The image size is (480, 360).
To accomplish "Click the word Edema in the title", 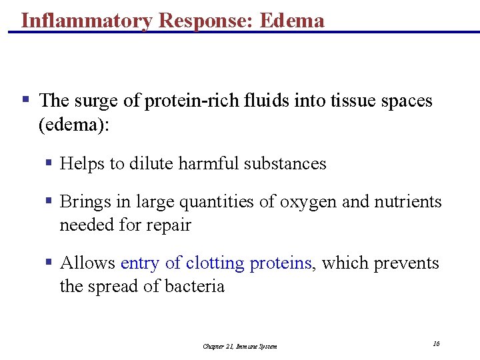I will pyautogui.click(x=292, y=20).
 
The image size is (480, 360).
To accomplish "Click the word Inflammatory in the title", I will pyautogui.click(x=87, y=20).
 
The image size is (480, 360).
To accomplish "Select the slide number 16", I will pyautogui.click(x=436, y=343).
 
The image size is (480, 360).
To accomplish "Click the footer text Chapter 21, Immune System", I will pyautogui.click(x=240, y=346).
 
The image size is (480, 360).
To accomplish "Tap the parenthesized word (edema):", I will pyautogui.click(x=73, y=125).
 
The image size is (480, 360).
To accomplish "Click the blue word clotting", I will pyautogui.click(x=215, y=263).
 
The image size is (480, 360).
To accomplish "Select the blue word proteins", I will pyautogui.click(x=281, y=263).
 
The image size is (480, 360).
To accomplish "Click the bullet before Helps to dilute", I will pyautogui.click(x=49, y=163).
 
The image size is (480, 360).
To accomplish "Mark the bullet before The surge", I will pyautogui.click(x=25, y=101).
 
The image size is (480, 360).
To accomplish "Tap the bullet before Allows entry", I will pyautogui.click(x=49, y=263).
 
